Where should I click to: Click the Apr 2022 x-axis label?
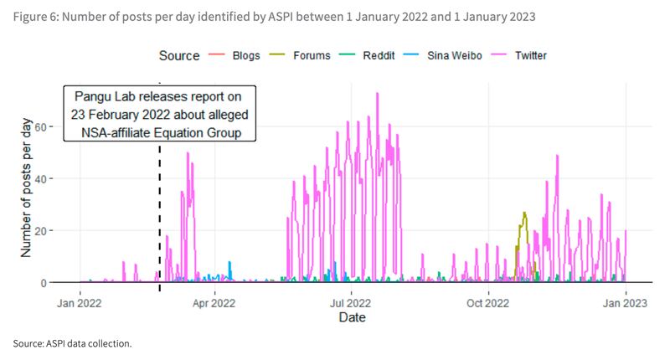215,302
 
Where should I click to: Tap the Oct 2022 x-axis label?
487,302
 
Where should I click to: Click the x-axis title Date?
352,318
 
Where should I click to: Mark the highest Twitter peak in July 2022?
378,94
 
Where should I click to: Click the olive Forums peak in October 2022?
524,213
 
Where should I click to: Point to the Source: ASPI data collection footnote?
73,343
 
